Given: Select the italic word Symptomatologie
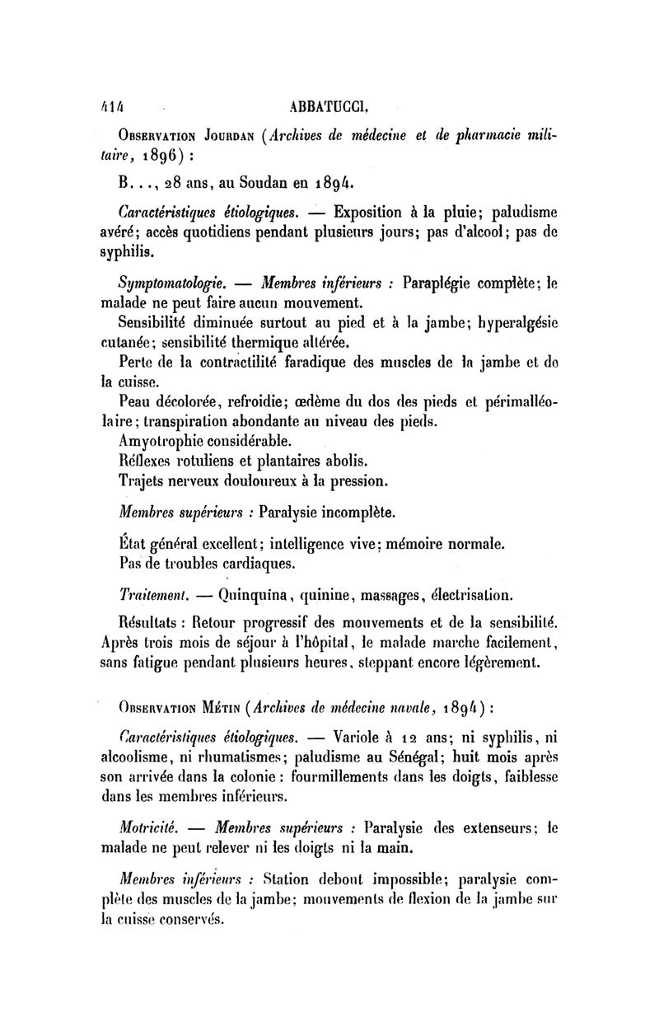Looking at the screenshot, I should coord(160,283).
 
